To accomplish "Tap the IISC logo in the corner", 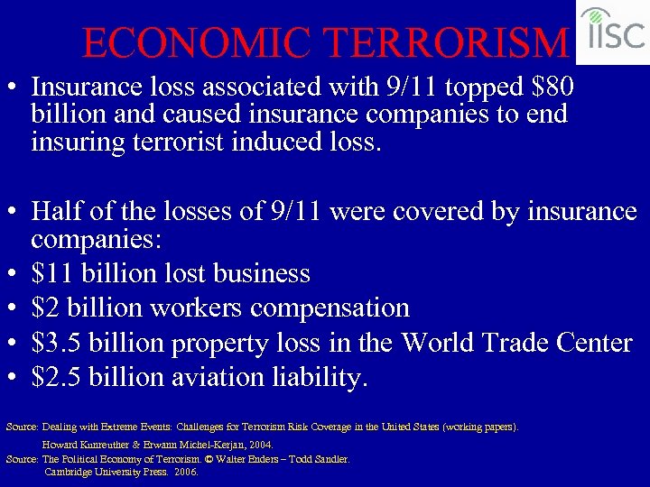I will (613, 32).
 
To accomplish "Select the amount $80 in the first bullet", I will (553, 87).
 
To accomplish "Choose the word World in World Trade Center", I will (439, 343).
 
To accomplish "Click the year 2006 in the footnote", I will (186, 471).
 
